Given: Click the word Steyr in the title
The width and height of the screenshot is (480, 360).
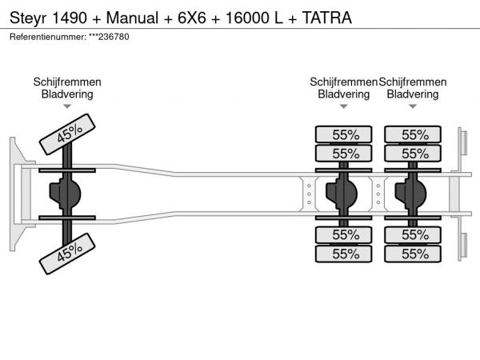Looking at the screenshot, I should click(x=26, y=17).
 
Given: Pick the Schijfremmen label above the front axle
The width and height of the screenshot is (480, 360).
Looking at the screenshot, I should click(x=67, y=82).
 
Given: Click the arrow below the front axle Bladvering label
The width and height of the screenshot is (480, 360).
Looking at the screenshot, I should click(x=67, y=106).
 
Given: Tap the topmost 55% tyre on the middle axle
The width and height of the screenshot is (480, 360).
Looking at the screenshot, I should click(x=345, y=134).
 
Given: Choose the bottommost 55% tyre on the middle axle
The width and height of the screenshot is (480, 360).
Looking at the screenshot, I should click(x=345, y=254).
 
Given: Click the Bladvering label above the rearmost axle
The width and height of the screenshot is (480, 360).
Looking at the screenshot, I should click(x=413, y=94).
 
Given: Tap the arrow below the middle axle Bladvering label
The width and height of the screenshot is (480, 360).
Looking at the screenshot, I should click(x=344, y=106).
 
